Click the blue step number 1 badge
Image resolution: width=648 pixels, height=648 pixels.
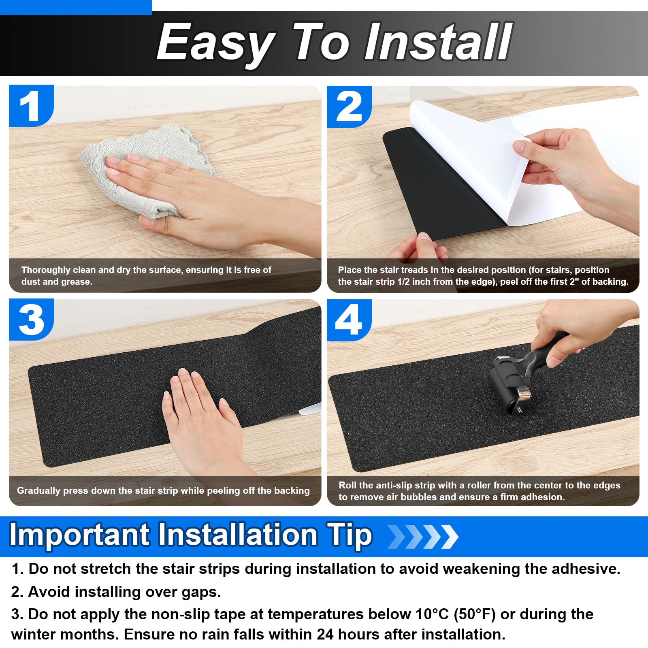pyautogui.click(x=31, y=105)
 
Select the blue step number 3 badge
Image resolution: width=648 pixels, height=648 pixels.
pyautogui.click(x=31, y=320)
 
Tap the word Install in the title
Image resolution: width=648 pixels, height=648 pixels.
pyautogui.click(x=438, y=42)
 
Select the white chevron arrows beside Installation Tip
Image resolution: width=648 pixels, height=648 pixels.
pyautogui.click(x=423, y=537)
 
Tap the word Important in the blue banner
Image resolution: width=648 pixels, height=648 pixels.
pyautogui.click(x=79, y=535)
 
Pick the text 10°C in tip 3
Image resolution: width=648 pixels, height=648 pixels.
pyautogui.click(x=432, y=614)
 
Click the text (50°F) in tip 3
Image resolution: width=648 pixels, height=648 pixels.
pyautogui.click(x=475, y=614)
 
